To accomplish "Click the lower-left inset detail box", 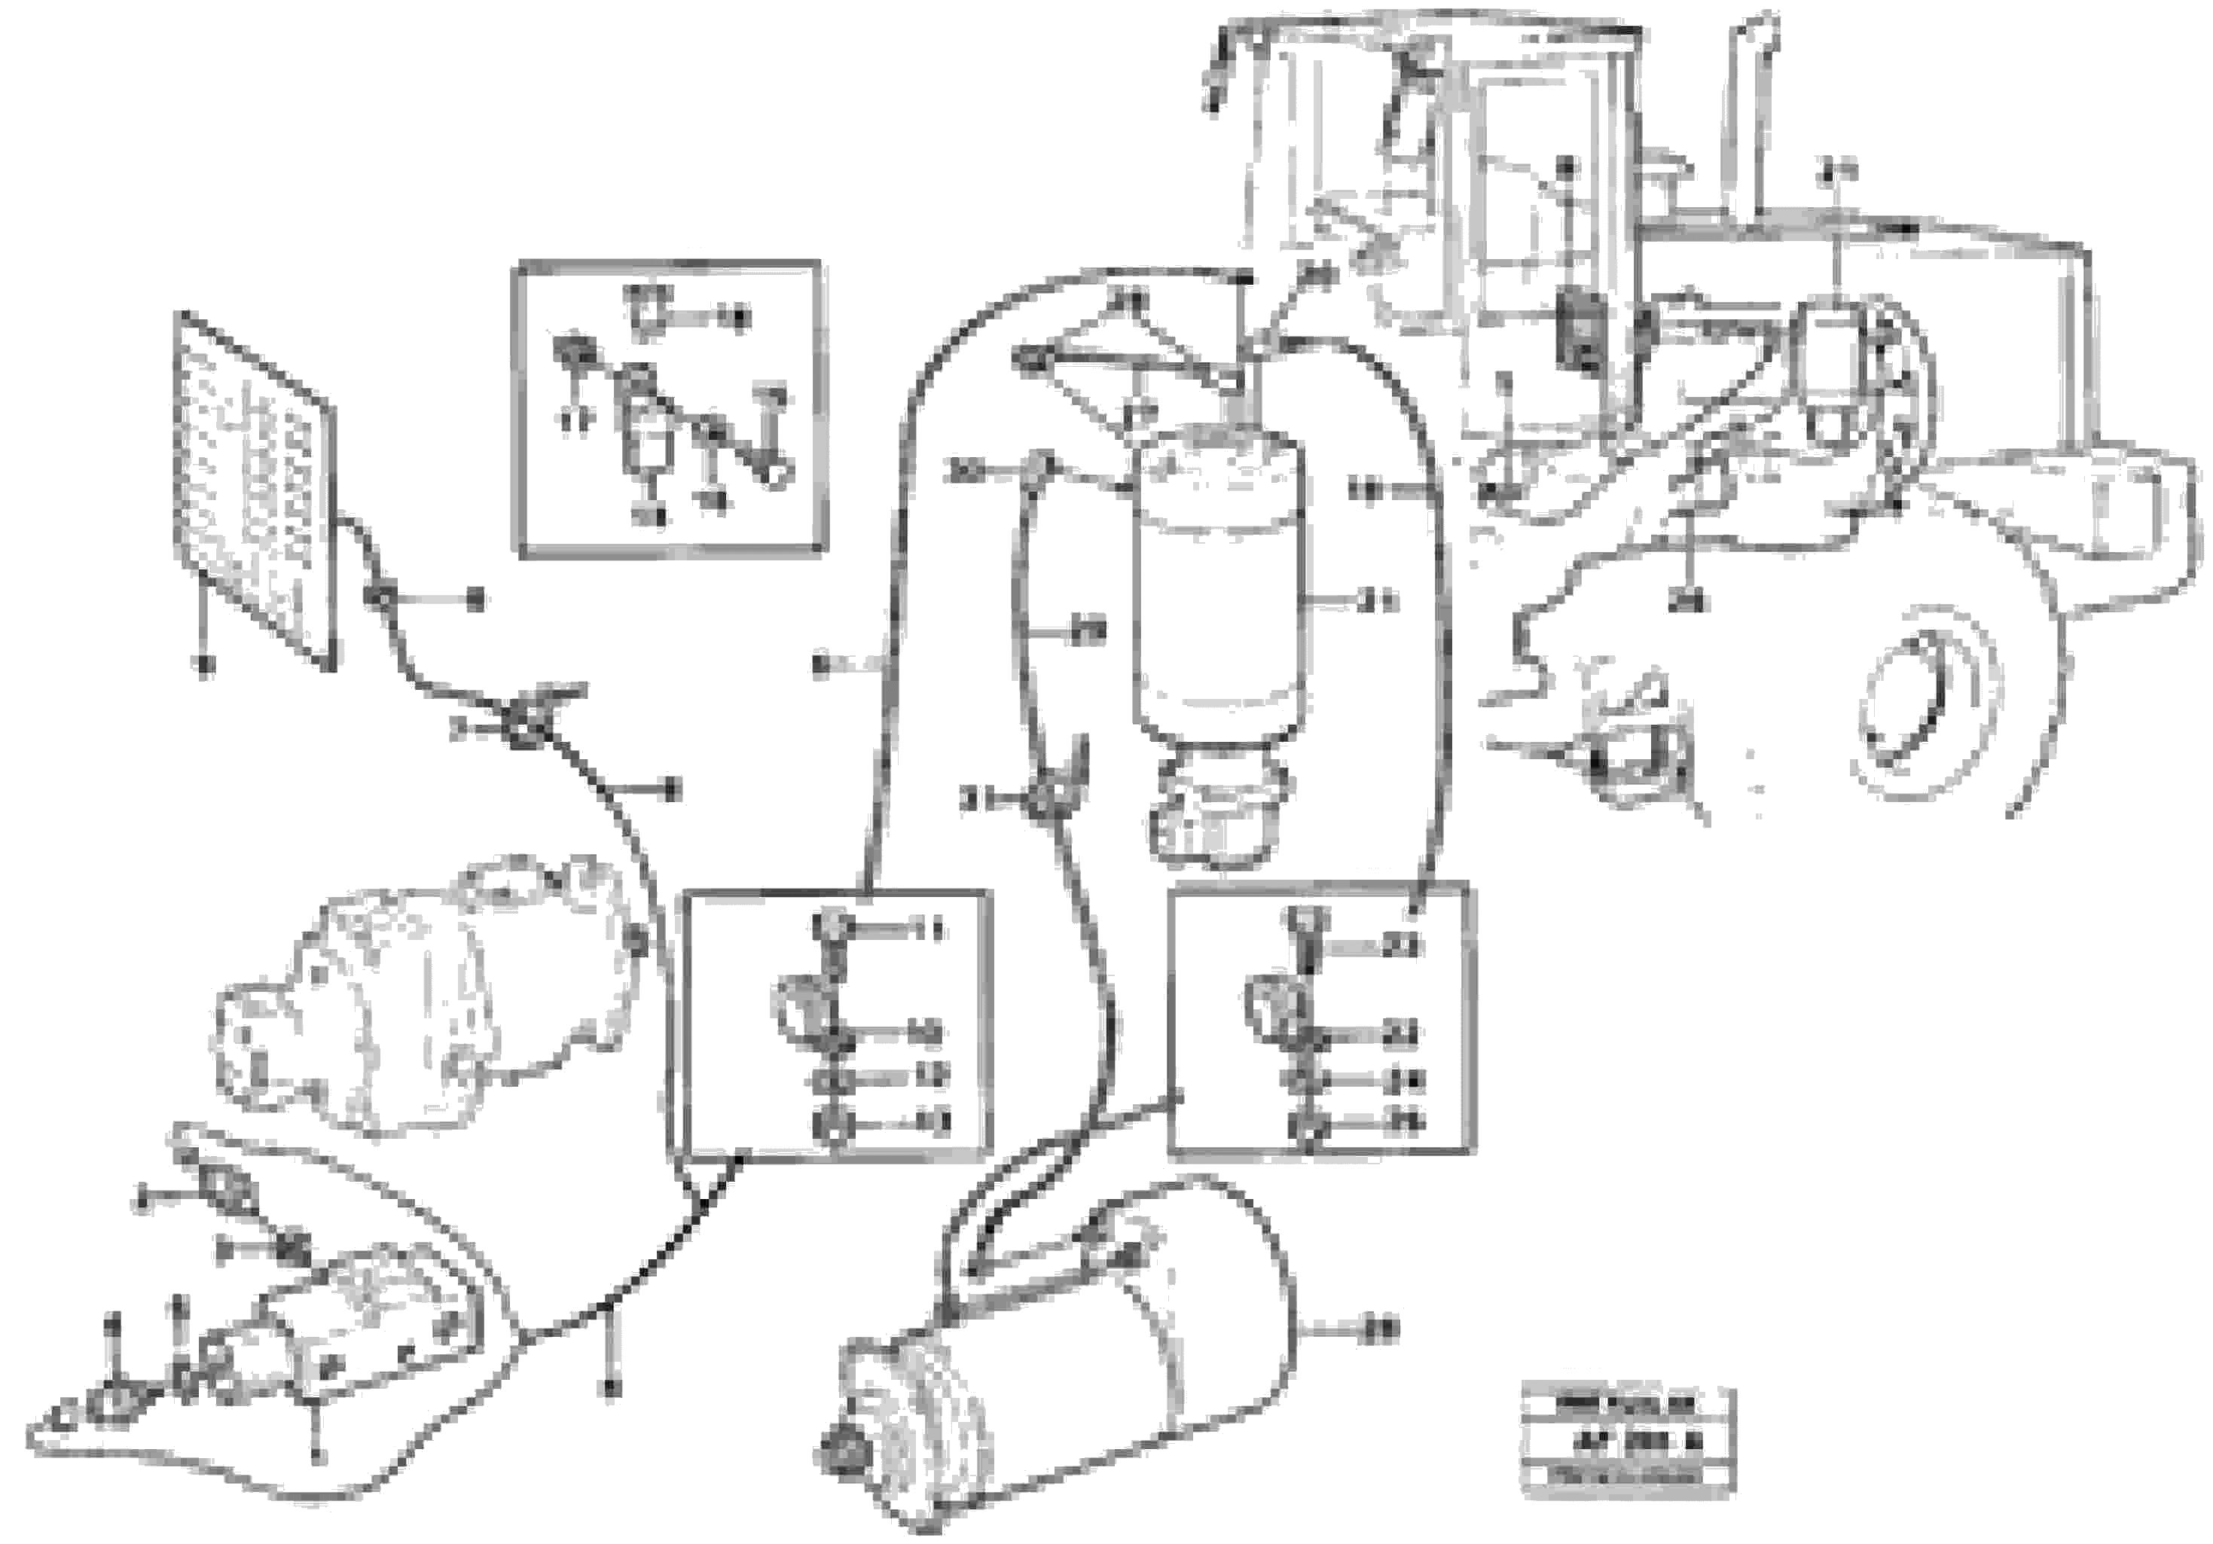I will (835, 1024).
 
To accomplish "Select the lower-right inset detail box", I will (1320, 1020).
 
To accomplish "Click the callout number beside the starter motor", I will (1381, 1330).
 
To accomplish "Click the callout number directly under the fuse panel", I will (203, 664).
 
